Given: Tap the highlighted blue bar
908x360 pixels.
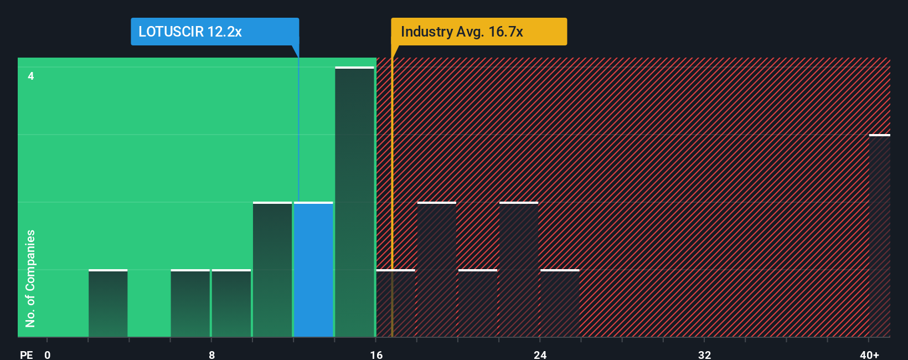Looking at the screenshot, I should pyautogui.click(x=313, y=270).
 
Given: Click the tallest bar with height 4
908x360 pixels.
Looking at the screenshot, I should pyautogui.click(x=354, y=202).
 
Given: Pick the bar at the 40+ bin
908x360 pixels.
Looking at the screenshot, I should pyautogui.click(x=879, y=236).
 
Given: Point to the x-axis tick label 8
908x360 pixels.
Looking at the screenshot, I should pyautogui.click(x=211, y=355).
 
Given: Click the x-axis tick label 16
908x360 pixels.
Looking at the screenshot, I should pyautogui.click(x=376, y=355).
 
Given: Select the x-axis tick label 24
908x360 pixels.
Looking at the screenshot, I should pyautogui.click(x=540, y=355).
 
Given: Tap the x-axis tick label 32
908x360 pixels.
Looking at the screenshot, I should pyautogui.click(x=704, y=355).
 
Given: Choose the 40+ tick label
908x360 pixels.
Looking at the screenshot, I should pyautogui.click(x=869, y=355).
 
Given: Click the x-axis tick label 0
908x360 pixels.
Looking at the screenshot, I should pyautogui.click(x=48, y=355).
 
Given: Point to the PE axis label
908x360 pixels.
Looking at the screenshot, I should pyautogui.click(x=27, y=355).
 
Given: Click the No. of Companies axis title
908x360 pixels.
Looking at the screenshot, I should pyautogui.click(x=30, y=278).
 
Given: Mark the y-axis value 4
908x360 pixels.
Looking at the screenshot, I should pyautogui.click(x=31, y=76).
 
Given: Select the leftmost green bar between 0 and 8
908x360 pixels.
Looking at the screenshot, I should pyautogui.click(x=108, y=304).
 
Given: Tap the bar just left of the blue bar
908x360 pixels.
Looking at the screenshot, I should pyautogui.click(x=272, y=270).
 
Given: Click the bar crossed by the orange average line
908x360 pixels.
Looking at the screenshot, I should pyautogui.click(x=395, y=304).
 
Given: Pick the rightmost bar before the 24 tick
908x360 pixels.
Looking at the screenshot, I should pyautogui.click(x=519, y=270).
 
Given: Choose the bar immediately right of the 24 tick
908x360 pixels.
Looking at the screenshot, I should pyautogui.click(x=560, y=304).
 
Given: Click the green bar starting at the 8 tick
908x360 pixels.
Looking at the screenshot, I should pyautogui.click(x=231, y=304).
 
